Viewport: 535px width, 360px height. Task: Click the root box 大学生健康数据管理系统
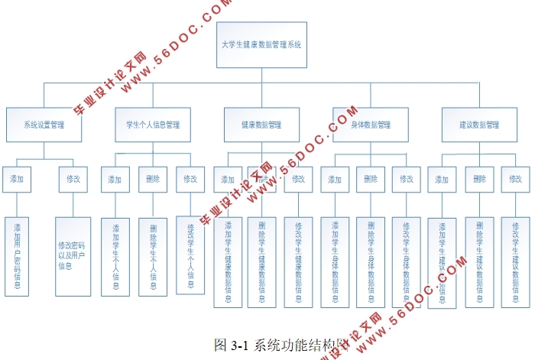261,45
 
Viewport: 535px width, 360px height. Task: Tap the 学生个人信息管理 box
153,125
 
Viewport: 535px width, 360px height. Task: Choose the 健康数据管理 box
261,125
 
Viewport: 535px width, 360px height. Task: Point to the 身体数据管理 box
369,125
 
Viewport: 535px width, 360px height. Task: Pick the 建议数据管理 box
478,125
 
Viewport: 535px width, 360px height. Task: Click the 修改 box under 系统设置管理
73,180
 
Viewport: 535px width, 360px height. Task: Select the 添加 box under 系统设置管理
18,180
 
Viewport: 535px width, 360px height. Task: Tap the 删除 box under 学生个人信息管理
153,180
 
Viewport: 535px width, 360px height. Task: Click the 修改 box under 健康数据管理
298,180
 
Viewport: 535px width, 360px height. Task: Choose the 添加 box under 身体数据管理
334,180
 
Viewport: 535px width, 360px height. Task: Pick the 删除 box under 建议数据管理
479,180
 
